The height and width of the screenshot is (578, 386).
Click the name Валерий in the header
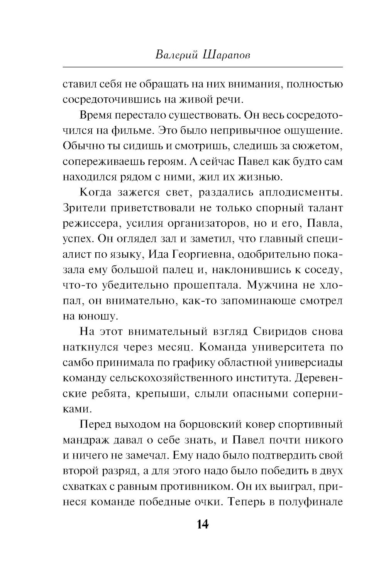[x=176, y=55]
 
